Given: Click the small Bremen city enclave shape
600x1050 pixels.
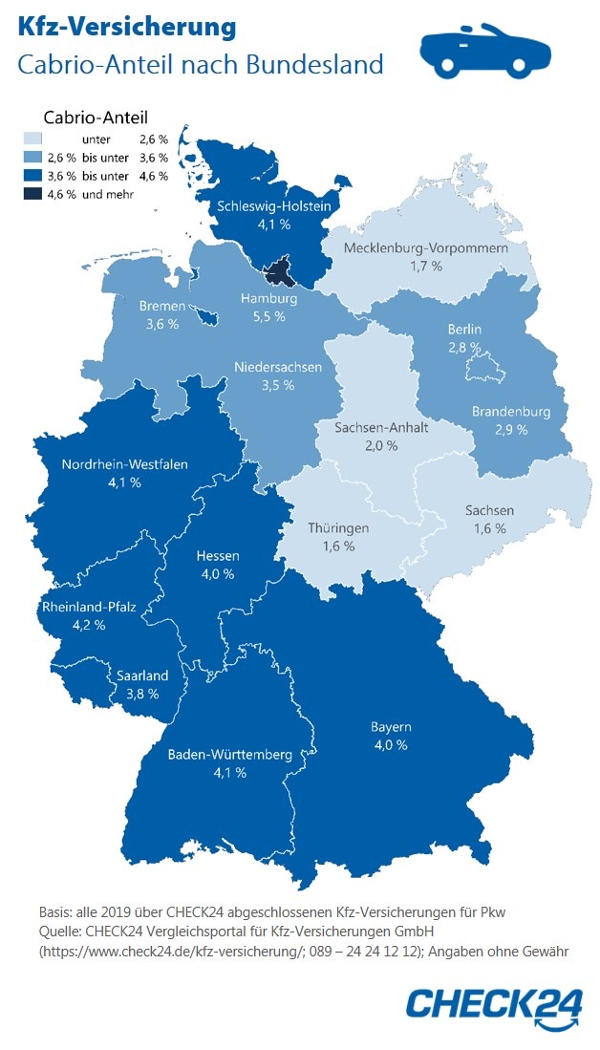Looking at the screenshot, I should tap(204, 311).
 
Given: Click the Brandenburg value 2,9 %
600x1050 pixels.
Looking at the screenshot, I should tap(510, 430).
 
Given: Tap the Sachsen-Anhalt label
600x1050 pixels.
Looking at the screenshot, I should tap(380, 427).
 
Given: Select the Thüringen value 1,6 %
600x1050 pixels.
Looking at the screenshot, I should tap(337, 546).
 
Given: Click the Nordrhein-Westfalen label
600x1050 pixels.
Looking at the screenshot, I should tap(125, 464).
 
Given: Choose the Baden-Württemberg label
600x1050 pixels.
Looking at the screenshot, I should tap(229, 755).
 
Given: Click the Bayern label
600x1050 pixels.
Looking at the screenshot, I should tap(391, 727).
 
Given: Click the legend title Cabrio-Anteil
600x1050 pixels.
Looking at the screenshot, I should tap(96, 118).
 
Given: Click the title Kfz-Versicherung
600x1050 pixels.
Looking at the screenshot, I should tap(126, 28).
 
